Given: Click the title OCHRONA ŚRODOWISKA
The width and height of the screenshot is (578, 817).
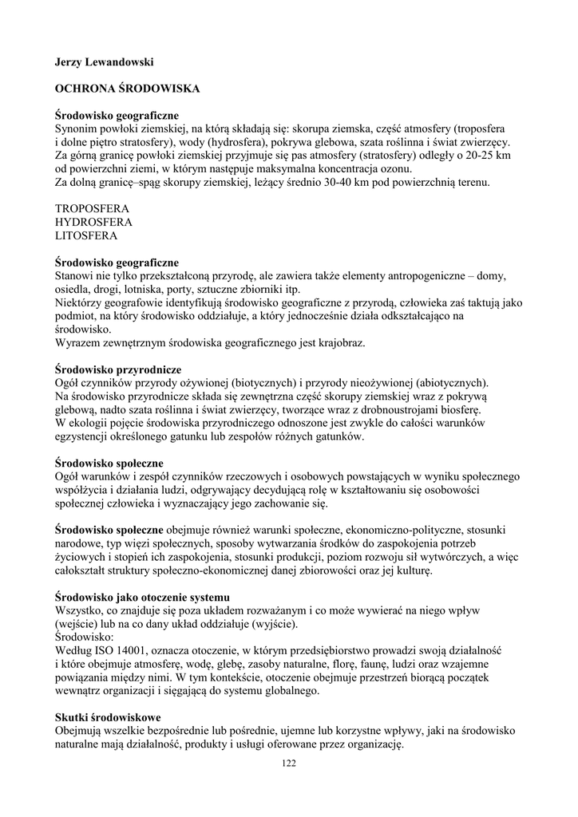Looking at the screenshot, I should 127,89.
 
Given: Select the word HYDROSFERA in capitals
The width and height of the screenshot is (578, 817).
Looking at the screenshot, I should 93,222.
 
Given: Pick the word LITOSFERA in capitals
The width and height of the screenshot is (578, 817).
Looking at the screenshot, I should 86,236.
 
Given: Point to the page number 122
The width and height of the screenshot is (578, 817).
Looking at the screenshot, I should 289,764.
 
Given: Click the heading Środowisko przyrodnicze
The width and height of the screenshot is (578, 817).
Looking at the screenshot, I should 118,370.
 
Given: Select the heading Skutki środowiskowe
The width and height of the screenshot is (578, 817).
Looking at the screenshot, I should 108,717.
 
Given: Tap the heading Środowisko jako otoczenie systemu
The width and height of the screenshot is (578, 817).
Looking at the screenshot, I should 142,597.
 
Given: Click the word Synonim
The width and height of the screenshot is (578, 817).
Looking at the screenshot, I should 78,128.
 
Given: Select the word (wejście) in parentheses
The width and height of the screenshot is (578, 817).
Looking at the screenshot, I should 77,624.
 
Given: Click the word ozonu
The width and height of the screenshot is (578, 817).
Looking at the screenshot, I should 398,168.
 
